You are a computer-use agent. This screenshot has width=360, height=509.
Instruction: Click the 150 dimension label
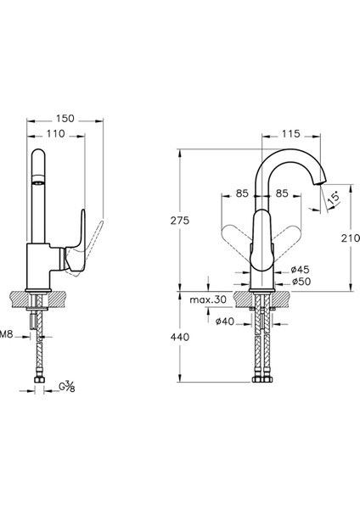pyautogui.click(x=65, y=119)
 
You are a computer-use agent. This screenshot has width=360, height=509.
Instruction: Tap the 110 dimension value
pyautogui.click(x=55, y=134)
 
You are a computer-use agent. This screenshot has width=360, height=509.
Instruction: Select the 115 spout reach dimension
pyautogui.click(x=290, y=134)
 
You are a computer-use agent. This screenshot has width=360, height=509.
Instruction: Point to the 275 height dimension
pyautogui.click(x=180, y=221)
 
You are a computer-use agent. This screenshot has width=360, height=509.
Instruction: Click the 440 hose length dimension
pyautogui.click(x=180, y=338)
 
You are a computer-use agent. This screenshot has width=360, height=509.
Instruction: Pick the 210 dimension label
pyautogui.click(x=351, y=238)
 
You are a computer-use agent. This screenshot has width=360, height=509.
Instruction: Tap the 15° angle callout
pyautogui.click(x=334, y=198)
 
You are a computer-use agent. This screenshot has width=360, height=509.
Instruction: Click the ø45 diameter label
pyautogui.click(x=301, y=269)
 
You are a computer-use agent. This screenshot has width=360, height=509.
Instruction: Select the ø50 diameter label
pyautogui.click(x=301, y=282)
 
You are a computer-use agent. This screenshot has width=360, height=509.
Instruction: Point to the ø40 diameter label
pyautogui.click(x=224, y=322)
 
